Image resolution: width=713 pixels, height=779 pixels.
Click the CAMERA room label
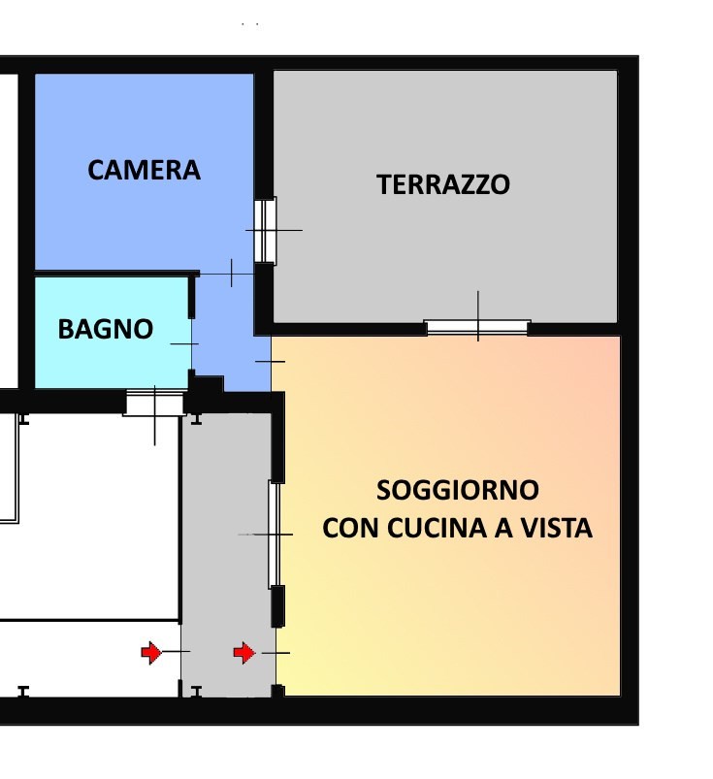tap(144, 170)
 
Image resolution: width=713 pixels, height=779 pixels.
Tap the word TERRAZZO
tap(443, 184)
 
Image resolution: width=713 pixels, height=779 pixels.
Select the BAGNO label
tap(106, 329)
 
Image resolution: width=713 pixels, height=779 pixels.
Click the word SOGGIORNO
tap(458, 488)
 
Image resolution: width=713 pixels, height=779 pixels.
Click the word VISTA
tap(558, 529)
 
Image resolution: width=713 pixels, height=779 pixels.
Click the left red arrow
tap(151, 653)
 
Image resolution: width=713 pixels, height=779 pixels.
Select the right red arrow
tap(244, 653)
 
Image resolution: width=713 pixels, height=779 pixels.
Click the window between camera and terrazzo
tap(265, 230)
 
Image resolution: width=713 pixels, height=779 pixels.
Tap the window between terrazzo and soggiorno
tap(477, 328)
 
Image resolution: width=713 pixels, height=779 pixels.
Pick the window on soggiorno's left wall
tap(275, 534)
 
